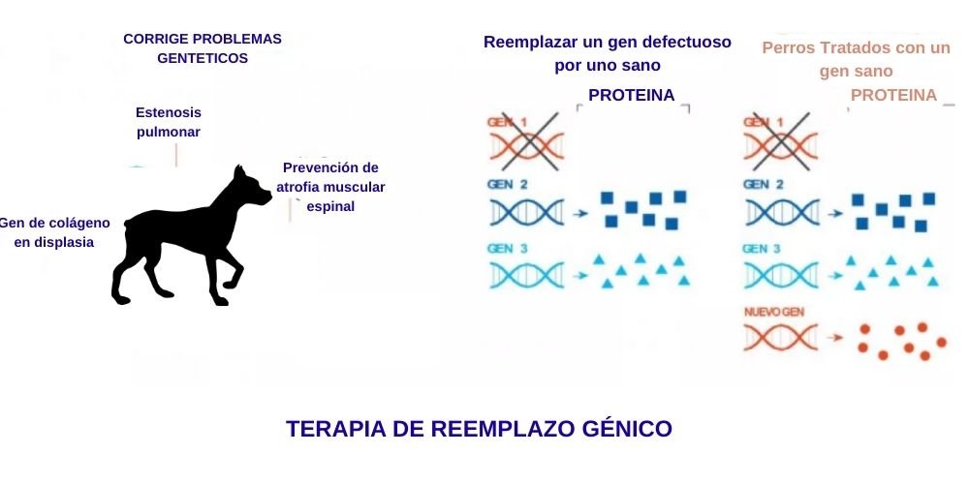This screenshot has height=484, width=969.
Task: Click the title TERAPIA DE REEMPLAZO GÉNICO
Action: coord(479,429)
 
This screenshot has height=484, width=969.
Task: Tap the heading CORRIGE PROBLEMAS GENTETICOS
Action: coord(203,48)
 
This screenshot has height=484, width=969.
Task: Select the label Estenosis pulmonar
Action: coord(169,122)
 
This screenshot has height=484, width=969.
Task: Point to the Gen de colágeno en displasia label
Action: coord(54,232)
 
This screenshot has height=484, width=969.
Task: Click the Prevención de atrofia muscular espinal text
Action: coord(330,187)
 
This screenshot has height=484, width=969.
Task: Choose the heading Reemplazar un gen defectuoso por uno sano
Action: coord(607,53)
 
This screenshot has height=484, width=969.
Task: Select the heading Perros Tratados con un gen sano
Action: coord(856,58)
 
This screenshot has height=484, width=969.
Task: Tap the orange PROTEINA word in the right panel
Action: coord(893,95)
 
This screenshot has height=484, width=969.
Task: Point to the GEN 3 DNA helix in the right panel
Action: coord(781,275)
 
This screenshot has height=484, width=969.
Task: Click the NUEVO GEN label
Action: coord(773,314)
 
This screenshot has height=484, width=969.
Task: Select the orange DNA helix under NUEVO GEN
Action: coord(781,339)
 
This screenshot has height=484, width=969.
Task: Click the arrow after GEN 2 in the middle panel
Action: coord(580,212)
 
